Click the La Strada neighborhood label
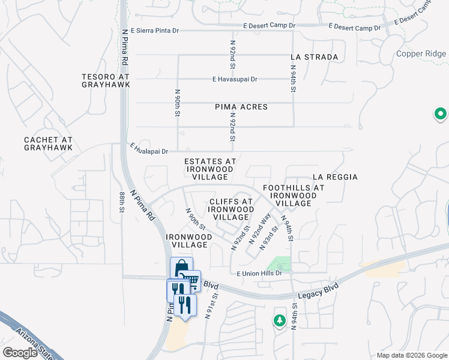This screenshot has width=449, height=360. (x=314, y=57)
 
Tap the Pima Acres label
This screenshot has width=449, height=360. (x=241, y=107)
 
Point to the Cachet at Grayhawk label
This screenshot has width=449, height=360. (x=49, y=143)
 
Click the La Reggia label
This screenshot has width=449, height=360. (x=335, y=177)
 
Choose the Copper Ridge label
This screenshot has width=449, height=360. (x=421, y=54)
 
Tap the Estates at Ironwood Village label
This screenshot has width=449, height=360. (x=210, y=169)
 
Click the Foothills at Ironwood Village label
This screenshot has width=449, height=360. (x=294, y=196)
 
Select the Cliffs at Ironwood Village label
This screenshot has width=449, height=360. (x=231, y=209)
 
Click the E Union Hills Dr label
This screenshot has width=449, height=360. (x=259, y=274)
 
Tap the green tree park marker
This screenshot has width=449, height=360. (x=279, y=320)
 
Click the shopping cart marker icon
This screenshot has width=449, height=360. (x=191, y=279)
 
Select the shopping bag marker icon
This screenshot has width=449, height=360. (x=181, y=267)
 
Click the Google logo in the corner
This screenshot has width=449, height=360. (x=20, y=352)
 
